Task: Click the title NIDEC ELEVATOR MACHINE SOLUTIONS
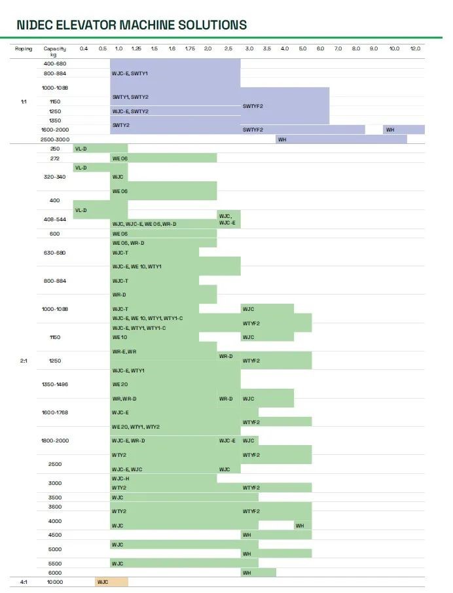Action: click(132, 26)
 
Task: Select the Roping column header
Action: click(24, 49)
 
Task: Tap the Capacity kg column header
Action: click(54, 52)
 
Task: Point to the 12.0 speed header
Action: click(415, 49)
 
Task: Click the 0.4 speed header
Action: click(83, 49)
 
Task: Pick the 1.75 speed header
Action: click(190, 49)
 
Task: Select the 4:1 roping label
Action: click(24, 582)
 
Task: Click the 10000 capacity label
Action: click(54, 582)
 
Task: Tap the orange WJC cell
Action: click(103, 582)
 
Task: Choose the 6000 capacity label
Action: click(54, 573)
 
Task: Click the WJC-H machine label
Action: click(121, 478)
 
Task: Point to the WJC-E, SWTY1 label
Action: click(130, 73)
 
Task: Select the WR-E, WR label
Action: click(124, 351)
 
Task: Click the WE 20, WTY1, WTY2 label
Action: click(136, 427)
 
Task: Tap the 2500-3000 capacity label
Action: click(54, 139)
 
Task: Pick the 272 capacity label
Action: click(54, 158)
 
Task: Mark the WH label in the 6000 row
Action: click(247, 573)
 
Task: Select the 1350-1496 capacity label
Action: click(54, 384)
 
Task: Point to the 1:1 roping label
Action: click(24, 101)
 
